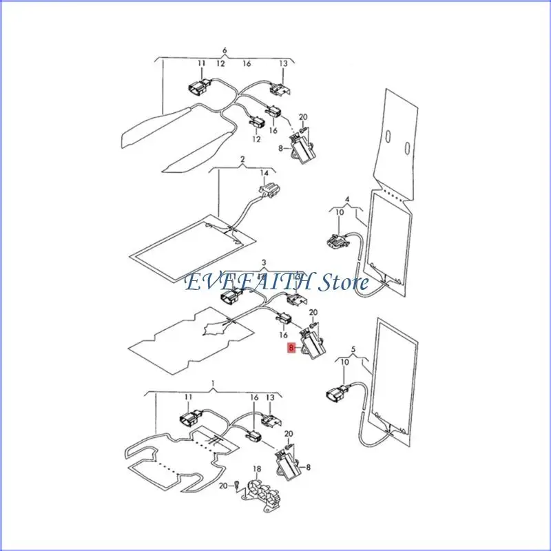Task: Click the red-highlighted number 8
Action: (x=291, y=348)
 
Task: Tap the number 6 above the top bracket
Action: (x=225, y=50)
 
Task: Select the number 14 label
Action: (x=264, y=173)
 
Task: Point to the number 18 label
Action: (x=257, y=469)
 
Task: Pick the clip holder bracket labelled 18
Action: (x=262, y=491)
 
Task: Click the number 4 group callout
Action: (x=347, y=199)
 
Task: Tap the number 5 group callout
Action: (x=353, y=349)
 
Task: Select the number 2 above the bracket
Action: (x=242, y=160)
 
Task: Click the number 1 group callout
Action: (x=214, y=383)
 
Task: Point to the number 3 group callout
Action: (x=264, y=262)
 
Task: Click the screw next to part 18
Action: (x=237, y=485)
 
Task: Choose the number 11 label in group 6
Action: (x=201, y=63)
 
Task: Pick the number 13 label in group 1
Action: (x=270, y=397)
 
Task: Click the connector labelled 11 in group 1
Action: (x=191, y=418)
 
